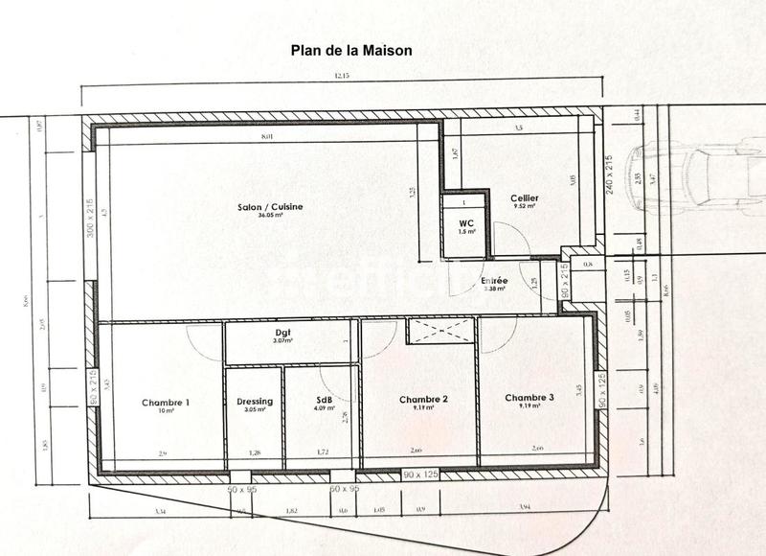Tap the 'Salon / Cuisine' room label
pyautogui.click(x=265, y=206)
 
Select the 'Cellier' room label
pyautogui.click(x=524, y=197)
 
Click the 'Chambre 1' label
pyautogui.click(x=166, y=403)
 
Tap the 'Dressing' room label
pyautogui.click(x=254, y=402)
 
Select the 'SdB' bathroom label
pyautogui.click(x=324, y=401)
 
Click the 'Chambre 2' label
pyautogui.click(x=424, y=399)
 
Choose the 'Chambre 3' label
pyautogui.click(x=529, y=398)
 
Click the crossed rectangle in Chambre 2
pyautogui.click(x=440, y=331)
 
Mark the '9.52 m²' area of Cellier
pyautogui.click(x=524, y=206)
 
